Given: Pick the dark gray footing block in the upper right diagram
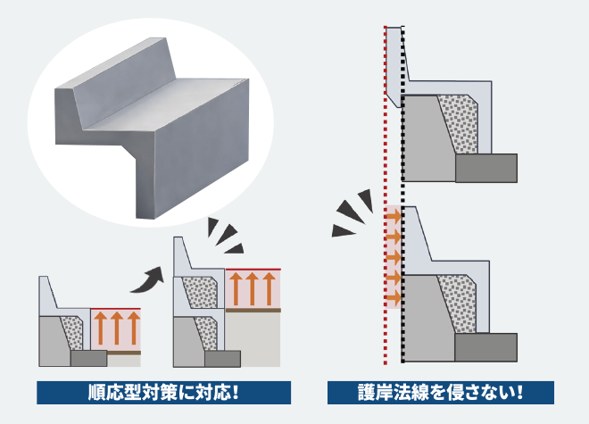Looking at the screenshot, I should [x=485, y=167].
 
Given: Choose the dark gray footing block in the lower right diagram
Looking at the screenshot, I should [x=485, y=347].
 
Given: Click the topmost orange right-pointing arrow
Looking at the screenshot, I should [x=392, y=216].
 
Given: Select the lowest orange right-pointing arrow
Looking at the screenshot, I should [x=392, y=298].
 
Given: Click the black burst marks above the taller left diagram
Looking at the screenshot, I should [x=225, y=233].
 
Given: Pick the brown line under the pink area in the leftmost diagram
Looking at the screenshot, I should [x=117, y=352].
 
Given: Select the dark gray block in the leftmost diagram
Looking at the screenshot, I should [x=87, y=358].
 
